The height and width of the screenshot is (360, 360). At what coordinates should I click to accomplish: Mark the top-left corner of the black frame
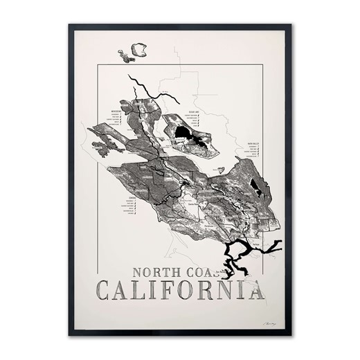(71, 26)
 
